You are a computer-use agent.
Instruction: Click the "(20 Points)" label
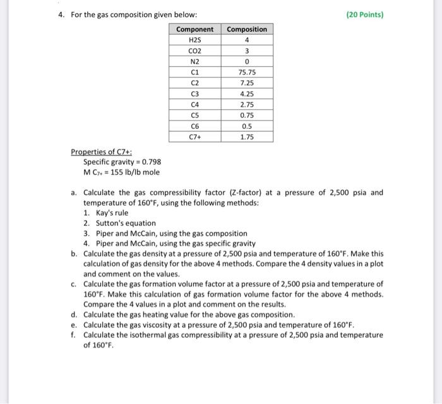pos(365,15)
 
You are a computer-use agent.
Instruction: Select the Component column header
pos(194,29)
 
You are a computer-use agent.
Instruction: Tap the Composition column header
pos(247,29)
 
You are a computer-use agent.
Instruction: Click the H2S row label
pos(194,40)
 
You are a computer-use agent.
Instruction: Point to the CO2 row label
pos(194,51)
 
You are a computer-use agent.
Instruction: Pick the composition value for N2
pos(247,62)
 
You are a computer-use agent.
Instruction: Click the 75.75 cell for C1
pos(247,73)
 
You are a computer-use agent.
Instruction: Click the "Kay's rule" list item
pos(111,213)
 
